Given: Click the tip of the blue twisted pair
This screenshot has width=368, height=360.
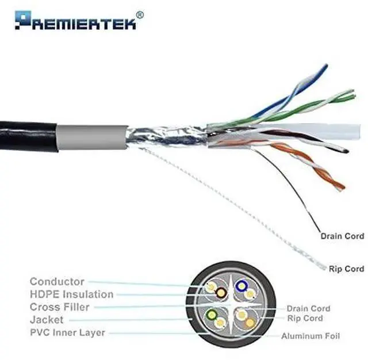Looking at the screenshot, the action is click(325, 67).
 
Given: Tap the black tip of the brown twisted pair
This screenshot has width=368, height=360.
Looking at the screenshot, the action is click(345, 151).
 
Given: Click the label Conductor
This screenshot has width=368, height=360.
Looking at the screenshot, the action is click(57, 282).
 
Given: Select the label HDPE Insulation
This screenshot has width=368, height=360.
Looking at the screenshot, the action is click(72, 294).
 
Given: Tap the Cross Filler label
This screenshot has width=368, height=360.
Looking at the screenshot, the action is click(60, 307).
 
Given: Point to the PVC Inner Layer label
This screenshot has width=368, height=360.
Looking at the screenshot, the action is click(68, 332).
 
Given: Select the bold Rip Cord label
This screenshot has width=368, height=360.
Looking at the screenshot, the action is click(346, 269).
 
